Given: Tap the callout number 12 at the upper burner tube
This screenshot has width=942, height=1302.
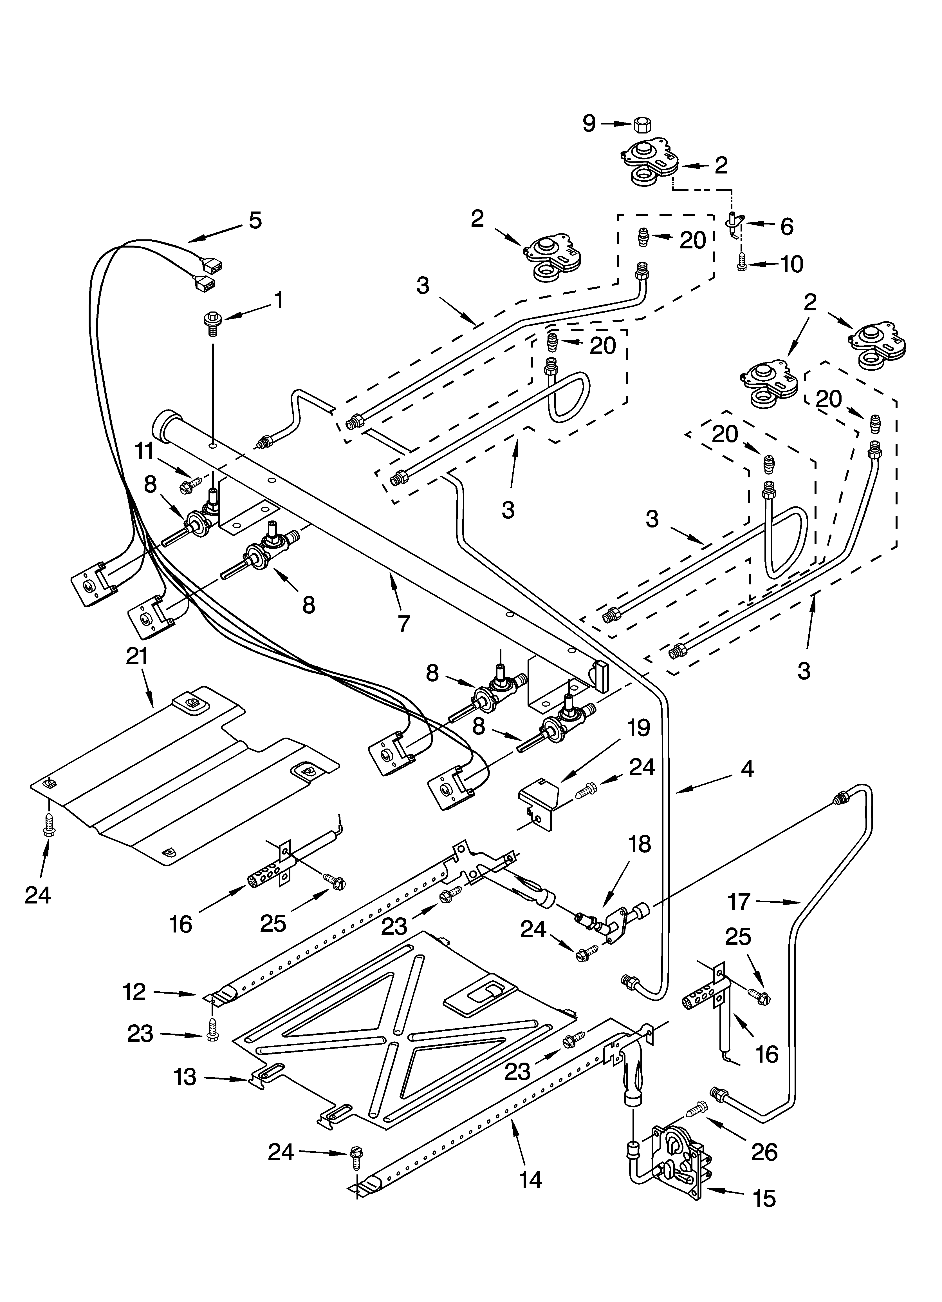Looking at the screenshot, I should tap(134, 991).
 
